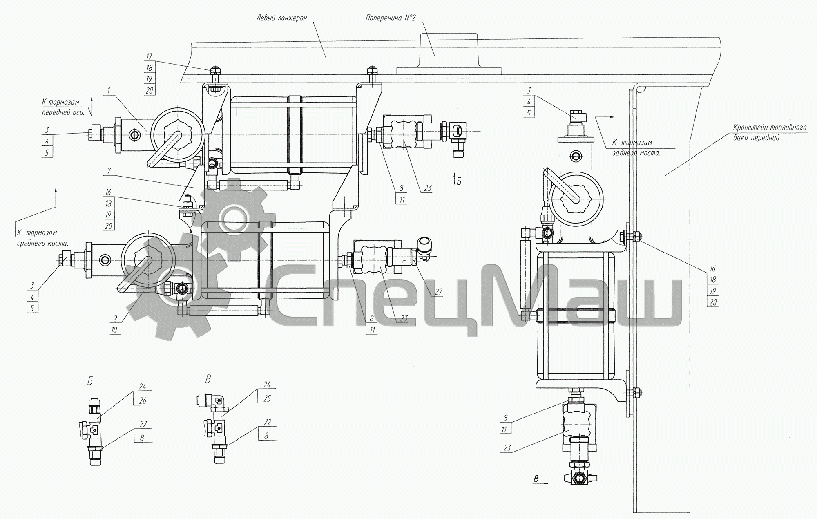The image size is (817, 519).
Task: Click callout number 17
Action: point(150,56)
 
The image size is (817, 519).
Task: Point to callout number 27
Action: point(438,292)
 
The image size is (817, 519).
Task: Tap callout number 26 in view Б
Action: point(143,401)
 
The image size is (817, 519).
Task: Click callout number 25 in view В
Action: point(267,398)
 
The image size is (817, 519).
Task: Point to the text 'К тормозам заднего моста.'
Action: point(636,148)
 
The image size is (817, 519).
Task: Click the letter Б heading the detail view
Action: point(90,381)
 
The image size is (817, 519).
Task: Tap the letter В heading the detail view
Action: point(208,380)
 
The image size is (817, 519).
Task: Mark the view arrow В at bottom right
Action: point(540,481)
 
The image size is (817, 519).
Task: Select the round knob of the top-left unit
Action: point(178,135)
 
